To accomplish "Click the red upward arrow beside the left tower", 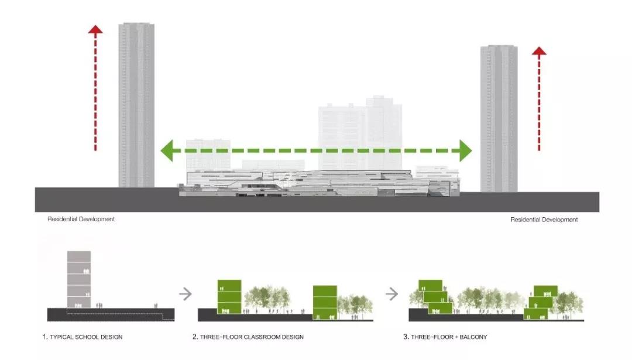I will point(95,88).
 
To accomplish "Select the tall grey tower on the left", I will point(136,105).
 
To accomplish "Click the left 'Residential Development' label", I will point(81,219).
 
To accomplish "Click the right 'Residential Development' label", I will point(544,220).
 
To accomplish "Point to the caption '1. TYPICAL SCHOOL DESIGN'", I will point(83,337).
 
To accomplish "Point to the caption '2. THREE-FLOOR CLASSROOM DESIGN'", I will point(248,337).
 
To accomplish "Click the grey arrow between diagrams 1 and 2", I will point(186,293).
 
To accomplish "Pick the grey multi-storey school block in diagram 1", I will point(79,279).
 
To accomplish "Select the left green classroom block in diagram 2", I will point(229,297).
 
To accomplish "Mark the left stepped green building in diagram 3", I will point(436,297).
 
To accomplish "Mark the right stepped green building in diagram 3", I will point(542,304).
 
